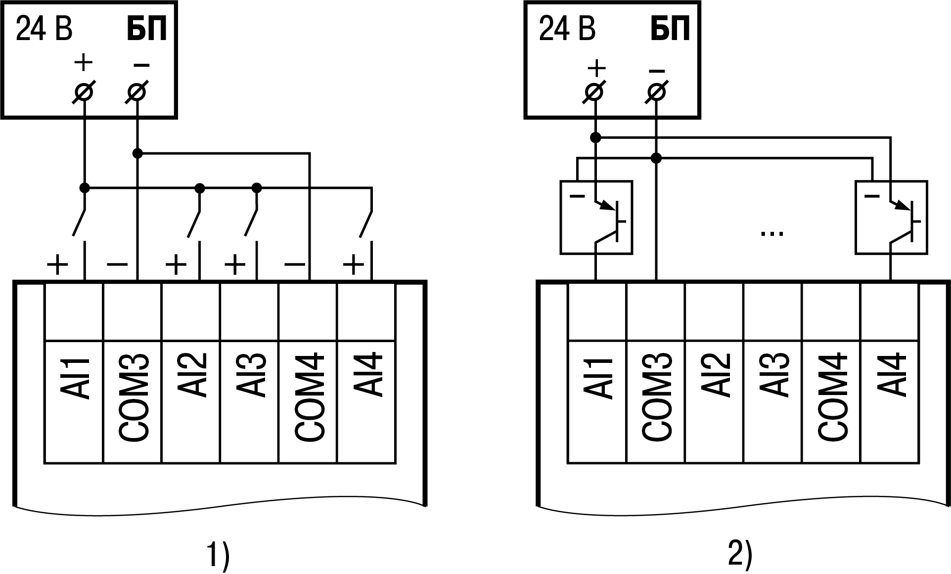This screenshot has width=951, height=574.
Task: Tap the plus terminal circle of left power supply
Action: pyautogui.click(x=84, y=92)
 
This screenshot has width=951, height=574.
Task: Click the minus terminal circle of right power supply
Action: pyautogui.click(x=656, y=92)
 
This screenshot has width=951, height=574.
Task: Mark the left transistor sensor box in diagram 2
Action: pyautogui.click(x=596, y=218)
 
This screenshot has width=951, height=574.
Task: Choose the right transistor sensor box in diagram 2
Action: pyautogui.click(x=891, y=218)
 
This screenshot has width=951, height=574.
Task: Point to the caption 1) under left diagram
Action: pyautogui.click(x=218, y=555)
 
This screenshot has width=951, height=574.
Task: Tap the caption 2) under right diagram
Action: pyautogui.click(x=740, y=555)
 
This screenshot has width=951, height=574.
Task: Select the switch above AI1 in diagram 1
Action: pyautogui.click(x=80, y=223)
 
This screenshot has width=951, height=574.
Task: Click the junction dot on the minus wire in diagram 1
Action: pyautogui.click(x=137, y=154)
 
